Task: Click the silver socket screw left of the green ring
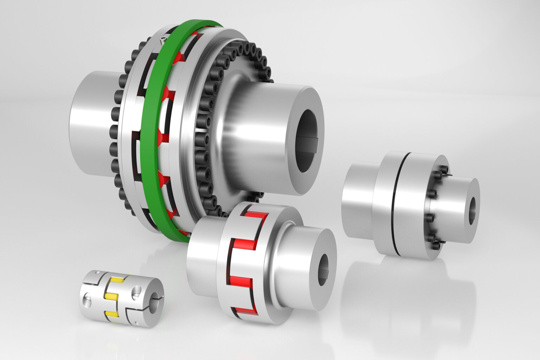click(163, 41)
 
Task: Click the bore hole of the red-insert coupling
click(323, 267)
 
